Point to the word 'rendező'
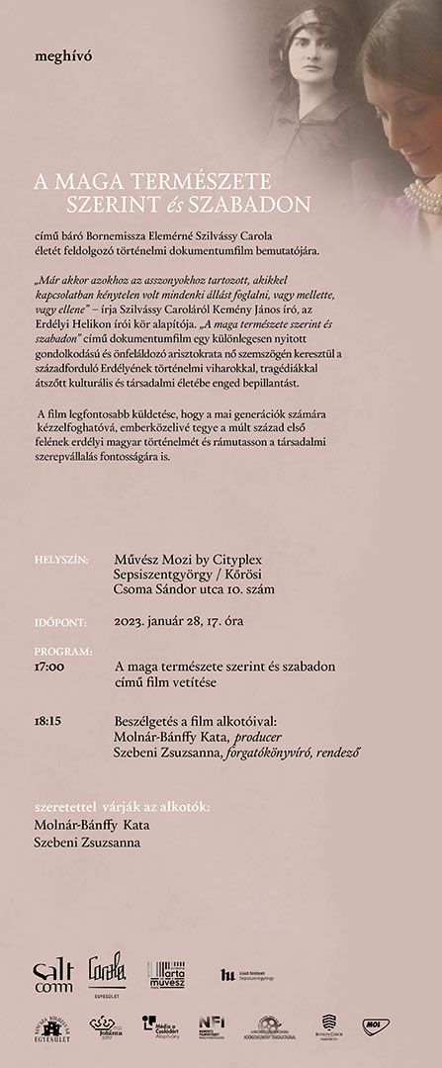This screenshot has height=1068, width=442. tap(334, 753)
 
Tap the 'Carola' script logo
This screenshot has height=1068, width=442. tap(108, 969)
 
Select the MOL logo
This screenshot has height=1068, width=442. tap(373, 1026)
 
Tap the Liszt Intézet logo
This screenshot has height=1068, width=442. tap(247, 974)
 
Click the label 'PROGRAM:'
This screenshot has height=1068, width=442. tap(62, 653)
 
